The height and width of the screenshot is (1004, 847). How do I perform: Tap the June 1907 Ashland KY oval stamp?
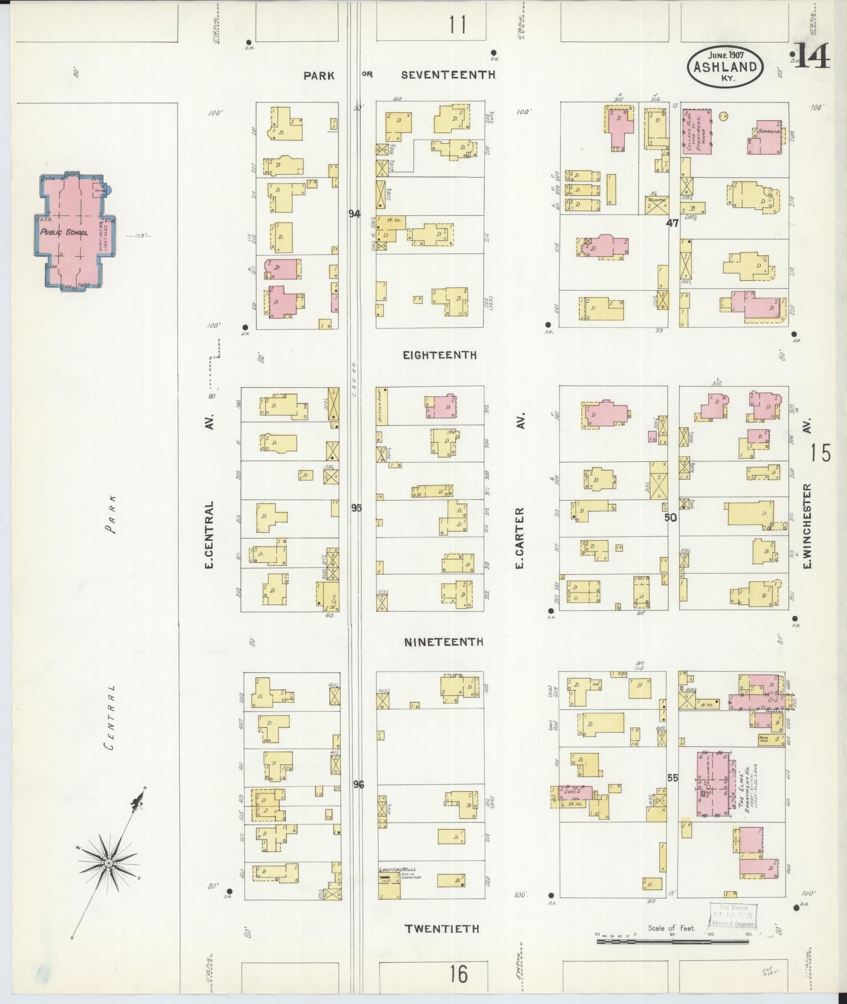pos(725,67)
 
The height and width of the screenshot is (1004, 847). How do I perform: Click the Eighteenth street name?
pos(440,355)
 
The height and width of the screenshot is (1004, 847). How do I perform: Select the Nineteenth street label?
pos(444,642)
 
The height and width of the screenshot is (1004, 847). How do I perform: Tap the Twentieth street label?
pos(442,928)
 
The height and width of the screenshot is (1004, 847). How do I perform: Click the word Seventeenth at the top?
pos(448,75)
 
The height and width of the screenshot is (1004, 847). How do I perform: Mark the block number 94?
pos(355,214)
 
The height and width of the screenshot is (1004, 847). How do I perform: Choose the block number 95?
pos(357,508)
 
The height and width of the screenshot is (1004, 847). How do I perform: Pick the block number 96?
pos(358,799)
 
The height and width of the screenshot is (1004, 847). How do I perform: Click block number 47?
pos(672,223)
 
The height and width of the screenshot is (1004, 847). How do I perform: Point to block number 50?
pos(671,517)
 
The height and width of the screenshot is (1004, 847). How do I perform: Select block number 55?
pos(673,792)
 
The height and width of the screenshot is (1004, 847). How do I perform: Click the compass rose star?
pos(108,862)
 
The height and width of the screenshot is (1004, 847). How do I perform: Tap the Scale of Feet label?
pos(672,928)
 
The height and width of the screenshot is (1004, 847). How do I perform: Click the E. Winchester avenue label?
pos(807,525)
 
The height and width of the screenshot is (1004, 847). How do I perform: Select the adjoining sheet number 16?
pos(458,974)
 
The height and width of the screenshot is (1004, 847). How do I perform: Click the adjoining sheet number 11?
pos(457,25)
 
